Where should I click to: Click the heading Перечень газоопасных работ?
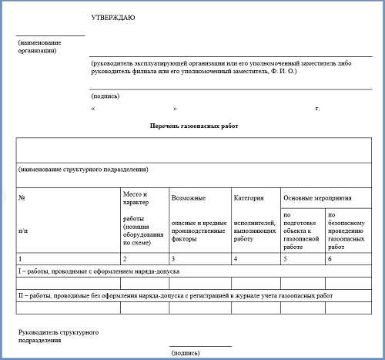(x=190, y=125)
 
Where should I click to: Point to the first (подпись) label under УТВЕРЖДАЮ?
(x=105, y=96)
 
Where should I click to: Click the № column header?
(x=22, y=198)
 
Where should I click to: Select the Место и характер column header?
(x=135, y=198)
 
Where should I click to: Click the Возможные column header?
(x=188, y=198)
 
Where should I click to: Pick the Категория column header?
(x=248, y=198)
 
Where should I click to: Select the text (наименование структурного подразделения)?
(x=82, y=169)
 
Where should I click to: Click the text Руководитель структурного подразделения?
(x=57, y=335)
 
